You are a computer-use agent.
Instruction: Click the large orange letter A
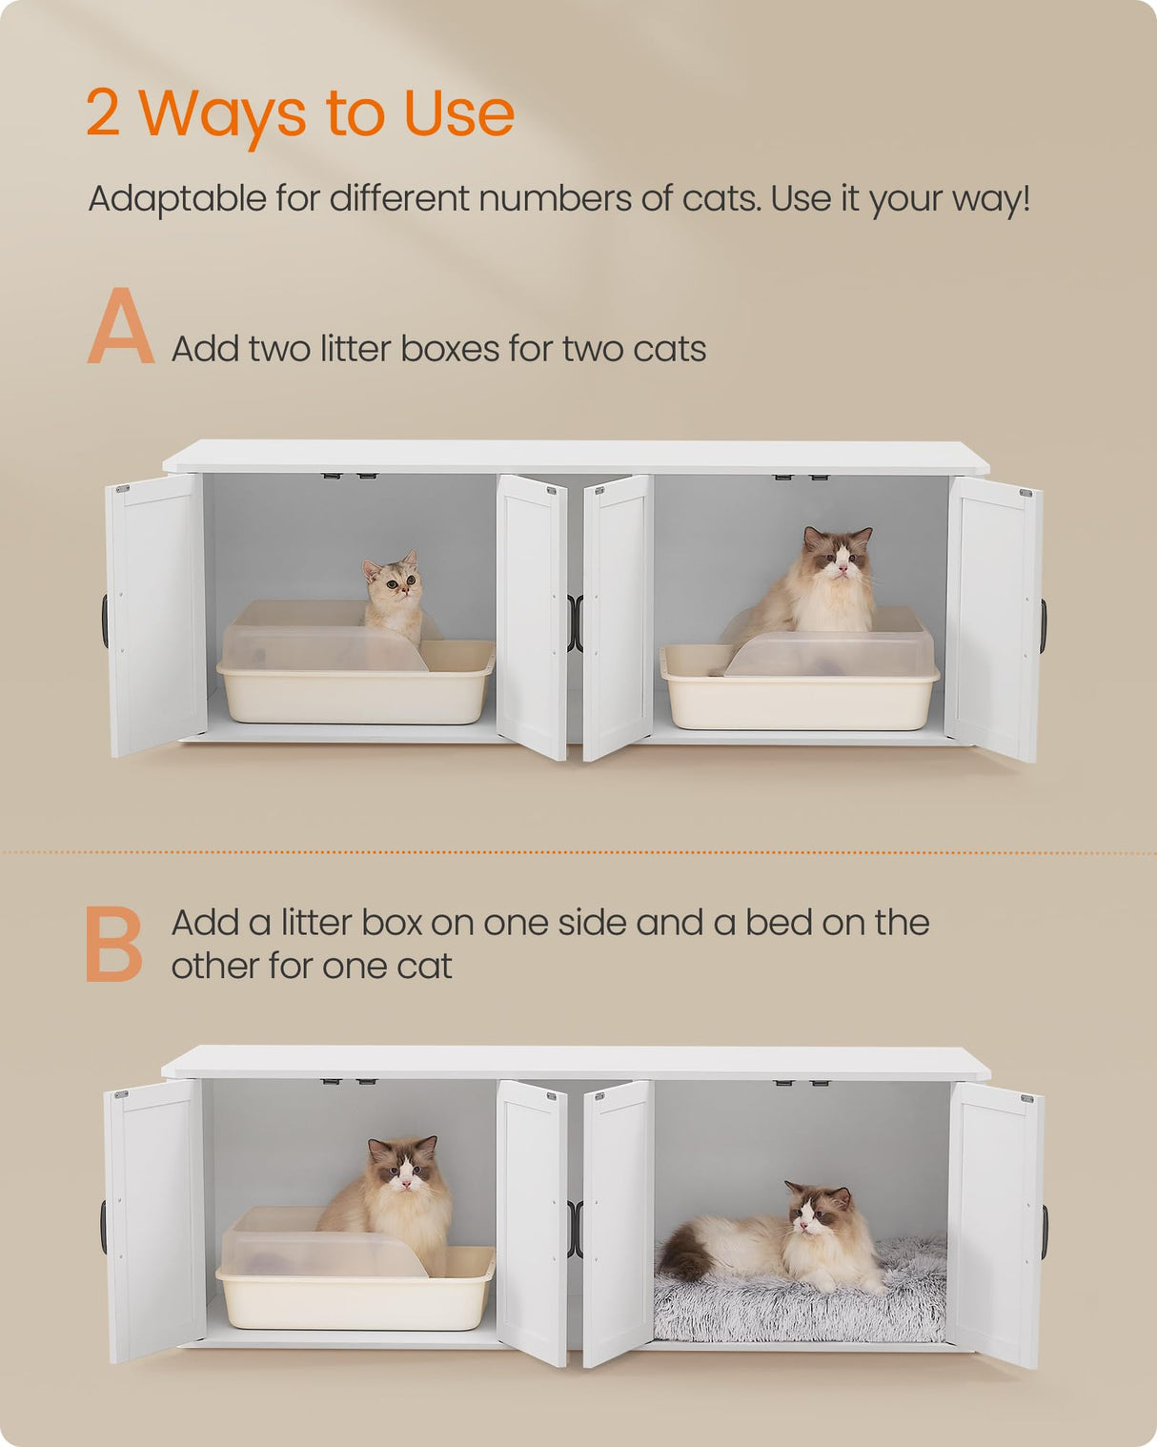pyautogui.click(x=120, y=327)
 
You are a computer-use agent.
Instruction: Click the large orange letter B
pyautogui.click(x=113, y=944)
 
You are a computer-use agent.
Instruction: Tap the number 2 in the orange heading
pyautogui.click(x=103, y=113)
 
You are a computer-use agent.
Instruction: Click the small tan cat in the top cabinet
pyautogui.click(x=394, y=595)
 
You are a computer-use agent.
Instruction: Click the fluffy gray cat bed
pyautogui.click(x=801, y=1306)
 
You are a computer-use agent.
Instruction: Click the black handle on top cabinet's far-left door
pyautogui.click(x=104, y=621)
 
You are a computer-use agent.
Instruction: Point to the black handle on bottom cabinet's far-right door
pyautogui.click(x=1045, y=1232)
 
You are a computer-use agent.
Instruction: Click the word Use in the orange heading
pyautogui.click(x=458, y=113)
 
